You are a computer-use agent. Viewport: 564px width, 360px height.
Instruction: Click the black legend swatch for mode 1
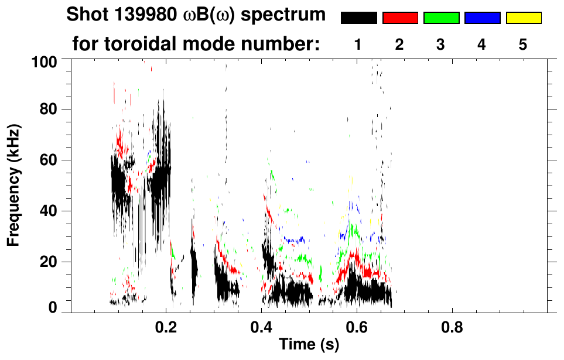[359, 18]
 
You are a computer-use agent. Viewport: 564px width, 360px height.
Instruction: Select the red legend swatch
[400, 18]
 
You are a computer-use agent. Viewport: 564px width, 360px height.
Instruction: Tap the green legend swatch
[441, 18]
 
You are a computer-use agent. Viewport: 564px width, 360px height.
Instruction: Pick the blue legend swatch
[482, 18]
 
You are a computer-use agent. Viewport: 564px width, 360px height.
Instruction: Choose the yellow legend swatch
[523, 18]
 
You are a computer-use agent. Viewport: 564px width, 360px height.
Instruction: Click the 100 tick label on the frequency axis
[44, 60]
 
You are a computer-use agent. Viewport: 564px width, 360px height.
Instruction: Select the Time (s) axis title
[308, 345]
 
